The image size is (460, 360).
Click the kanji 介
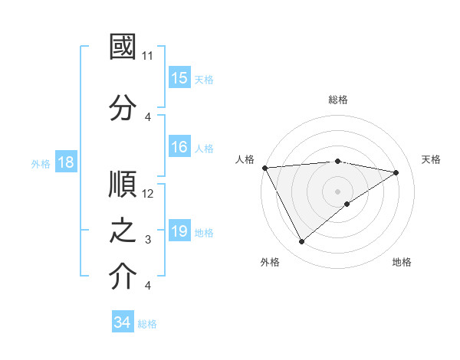pos(123,277)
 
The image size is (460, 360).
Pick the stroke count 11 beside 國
pos(148,56)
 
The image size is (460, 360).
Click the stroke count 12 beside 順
pos(148,194)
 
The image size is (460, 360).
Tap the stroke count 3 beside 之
pos(148,240)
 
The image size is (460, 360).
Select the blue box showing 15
pos(179,78)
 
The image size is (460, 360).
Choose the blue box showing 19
pos(179,231)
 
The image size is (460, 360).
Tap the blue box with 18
pos(65,162)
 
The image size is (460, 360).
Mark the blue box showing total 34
pos(123,322)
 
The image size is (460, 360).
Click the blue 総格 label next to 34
pos(147,324)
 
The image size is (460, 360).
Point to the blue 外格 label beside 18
pos(41,163)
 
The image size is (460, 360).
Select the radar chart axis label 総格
pos(337,100)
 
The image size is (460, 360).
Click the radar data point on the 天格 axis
pos(396,172)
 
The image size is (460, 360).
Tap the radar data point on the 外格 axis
pos(301,242)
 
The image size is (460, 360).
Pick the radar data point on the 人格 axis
pos(264,167)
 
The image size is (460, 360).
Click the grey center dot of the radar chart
pos(337,191)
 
